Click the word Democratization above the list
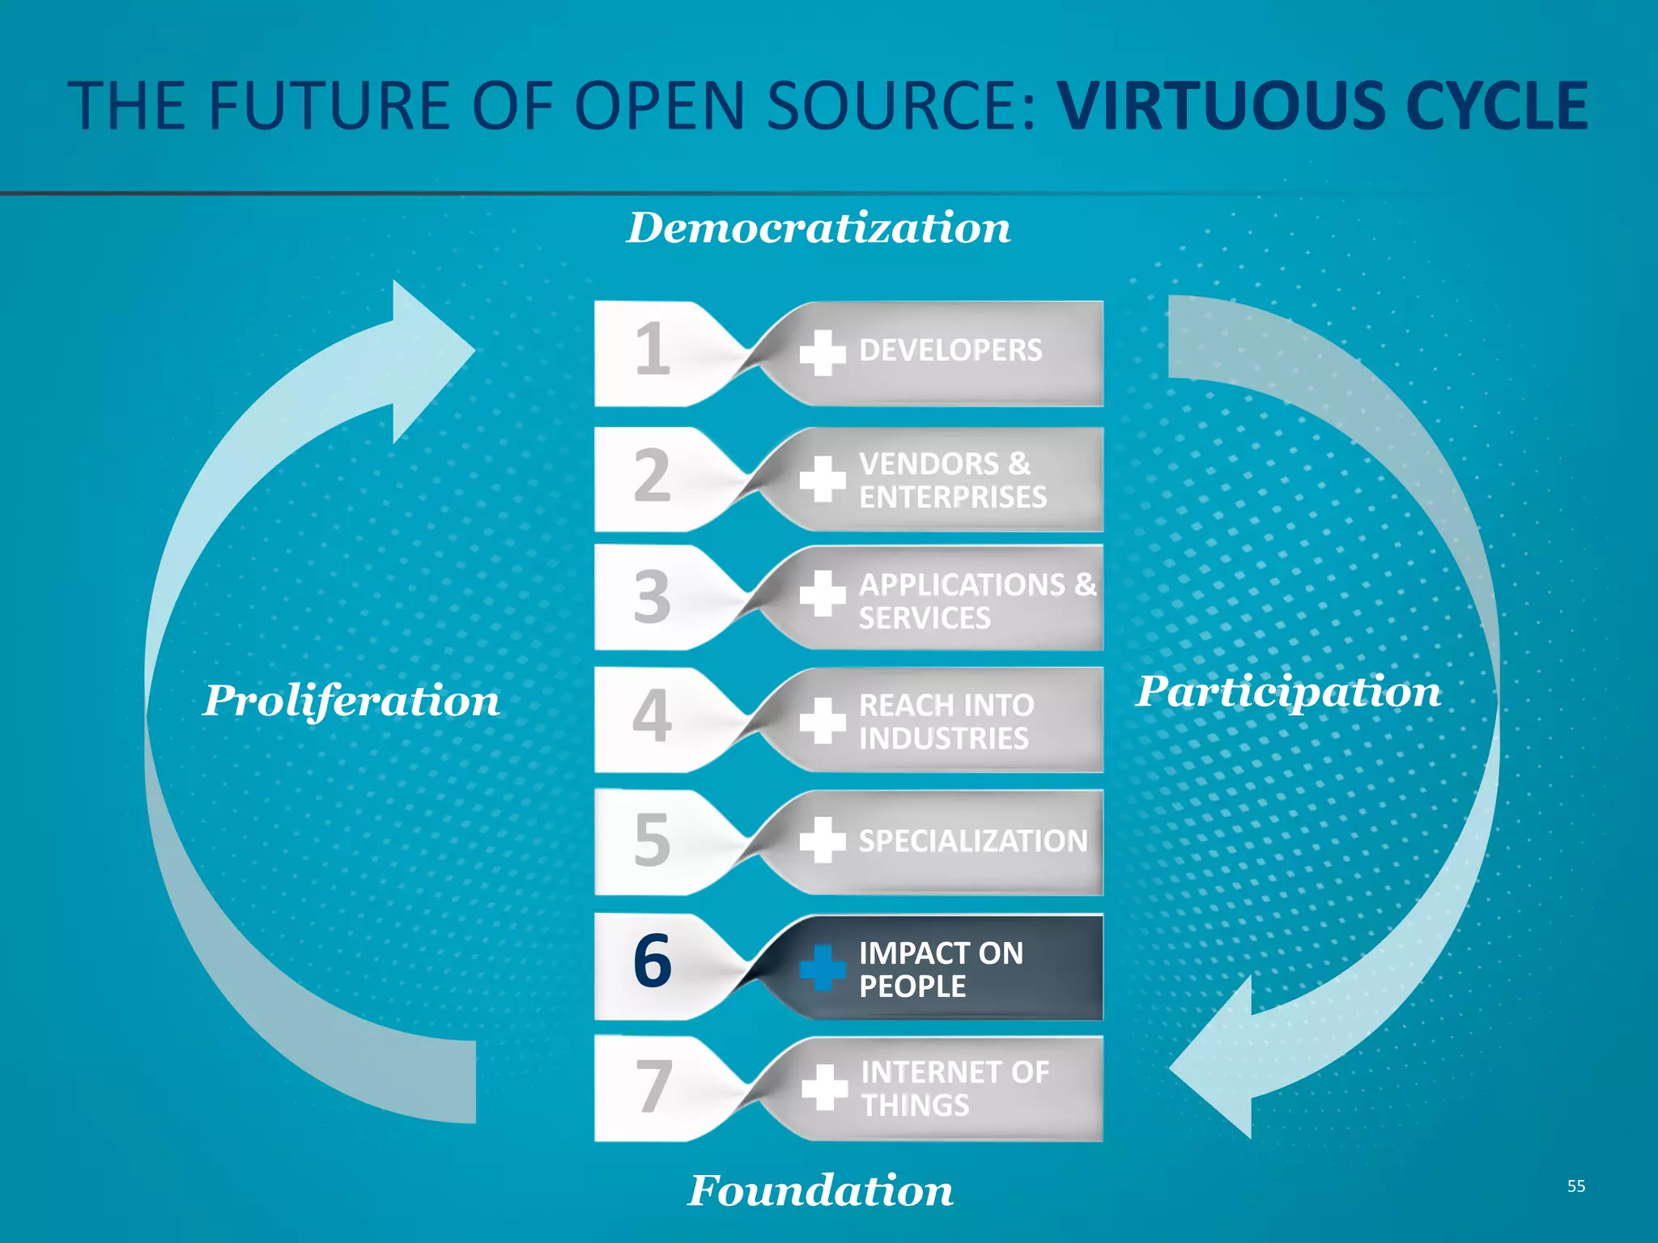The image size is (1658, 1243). tap(818, 227)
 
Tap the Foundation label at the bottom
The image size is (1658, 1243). tap(820, 1190)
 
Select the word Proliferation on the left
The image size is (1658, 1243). tap(351, 701)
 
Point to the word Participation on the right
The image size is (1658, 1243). tap(1288, 692)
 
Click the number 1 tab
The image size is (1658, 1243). tap(653, 350)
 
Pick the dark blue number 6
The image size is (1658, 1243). tap(653, 961)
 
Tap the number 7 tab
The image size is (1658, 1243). tap(653, 1087)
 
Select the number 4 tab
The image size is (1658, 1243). tap(653, 717)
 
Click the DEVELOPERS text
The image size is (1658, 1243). tap(950, 350)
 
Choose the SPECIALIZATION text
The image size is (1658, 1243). tap(973, 842)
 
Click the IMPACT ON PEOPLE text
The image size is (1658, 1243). tap(940, 969)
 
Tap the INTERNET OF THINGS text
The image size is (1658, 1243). tap(954, 1088)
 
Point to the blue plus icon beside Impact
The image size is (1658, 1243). tap(823, 968)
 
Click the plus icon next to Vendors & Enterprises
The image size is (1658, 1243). tap(823, 479)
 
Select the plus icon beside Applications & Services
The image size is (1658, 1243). tap(823, 594)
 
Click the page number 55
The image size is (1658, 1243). tap(1575, 1186)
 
